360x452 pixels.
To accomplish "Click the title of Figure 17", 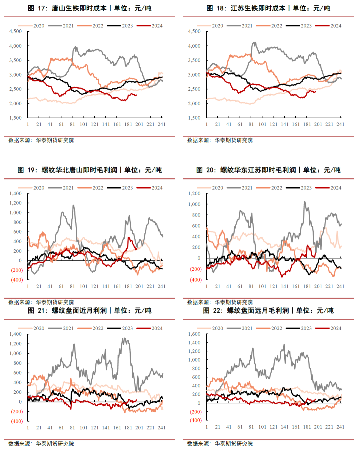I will coord(89,8).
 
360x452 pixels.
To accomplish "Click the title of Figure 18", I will coord(268,8).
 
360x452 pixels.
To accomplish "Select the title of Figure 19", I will coord(89,170).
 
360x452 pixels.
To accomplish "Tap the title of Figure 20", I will coord(268,170).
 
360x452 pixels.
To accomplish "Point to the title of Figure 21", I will coord(89,310).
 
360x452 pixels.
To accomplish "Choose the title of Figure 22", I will coord(268,310).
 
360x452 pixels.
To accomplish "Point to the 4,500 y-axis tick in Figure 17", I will coord(15,31).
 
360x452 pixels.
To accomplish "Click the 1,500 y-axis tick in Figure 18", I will coord(194,118).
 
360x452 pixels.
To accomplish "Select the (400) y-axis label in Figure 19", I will coord(17,280).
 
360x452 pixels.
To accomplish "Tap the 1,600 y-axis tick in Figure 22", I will coord(194,334).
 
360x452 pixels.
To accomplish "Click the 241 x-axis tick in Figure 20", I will coord(340,286).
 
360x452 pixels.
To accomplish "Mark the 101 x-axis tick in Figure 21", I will coord(83,428).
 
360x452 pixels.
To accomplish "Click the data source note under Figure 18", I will coord(220,140).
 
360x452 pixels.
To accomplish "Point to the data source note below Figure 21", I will coord(41,444).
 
